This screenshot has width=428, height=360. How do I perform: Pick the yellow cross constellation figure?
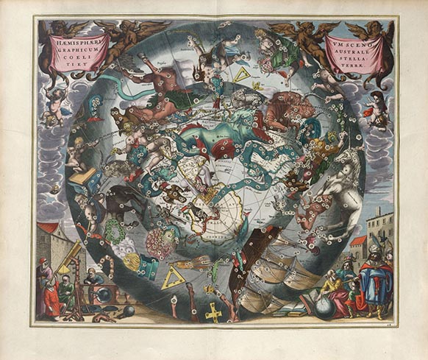tap(214, 312)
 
